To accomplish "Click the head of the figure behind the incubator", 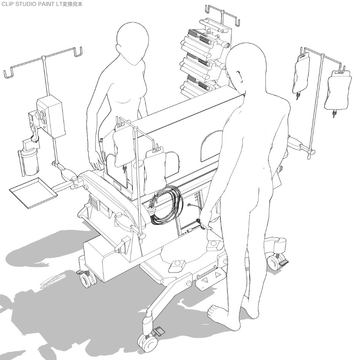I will point(132,42).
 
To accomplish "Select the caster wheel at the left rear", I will point(87,280).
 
